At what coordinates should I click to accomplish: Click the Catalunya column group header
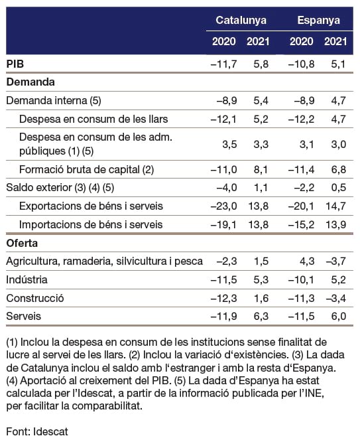click(x=241, y=21)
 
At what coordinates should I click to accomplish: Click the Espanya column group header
click(x=319, y=21)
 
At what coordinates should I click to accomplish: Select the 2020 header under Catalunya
click(x=224, y=41)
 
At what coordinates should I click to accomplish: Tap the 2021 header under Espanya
click(x=335, y=41)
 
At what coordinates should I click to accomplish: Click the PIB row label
click(x=15, y=64)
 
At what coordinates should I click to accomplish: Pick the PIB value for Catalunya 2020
click(x=224, y=64)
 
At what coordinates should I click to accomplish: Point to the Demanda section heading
click(x=30, y=82)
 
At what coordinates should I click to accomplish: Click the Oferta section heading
click(x=22, y=243)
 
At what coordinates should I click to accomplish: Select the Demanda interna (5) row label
click(x=54, y=101)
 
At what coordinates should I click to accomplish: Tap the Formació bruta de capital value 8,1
click(x=261, y=170)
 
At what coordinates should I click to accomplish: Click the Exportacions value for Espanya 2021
click(x=335, y=206)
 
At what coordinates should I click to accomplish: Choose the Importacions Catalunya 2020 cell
click(x=224, y=225)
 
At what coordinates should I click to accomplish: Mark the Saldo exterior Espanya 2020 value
click(x=304, y=188)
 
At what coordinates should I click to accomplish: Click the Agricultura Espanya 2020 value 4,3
click(x=307, y=261)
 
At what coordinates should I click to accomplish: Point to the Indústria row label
click(x=27, y=279)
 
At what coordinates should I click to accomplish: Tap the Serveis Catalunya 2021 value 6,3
click(x=261, y=317)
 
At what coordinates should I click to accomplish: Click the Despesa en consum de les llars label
click(x=93, y=119)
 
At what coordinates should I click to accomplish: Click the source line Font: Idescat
click(x=37, y=431)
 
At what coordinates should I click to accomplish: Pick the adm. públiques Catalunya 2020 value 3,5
click(x=229, y=144)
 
